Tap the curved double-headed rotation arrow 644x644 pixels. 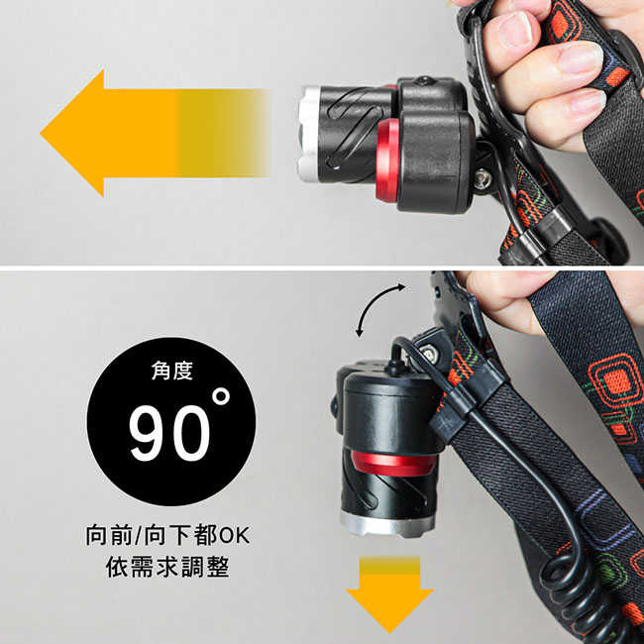(x=379, y=308)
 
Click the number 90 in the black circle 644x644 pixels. (x=168, y=432)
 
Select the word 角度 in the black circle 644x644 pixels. (x=171, y=372)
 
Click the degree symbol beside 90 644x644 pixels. (x=220, y=397)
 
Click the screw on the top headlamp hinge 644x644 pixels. (x=483, y=180)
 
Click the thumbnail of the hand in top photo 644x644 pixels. (x=514, y=30)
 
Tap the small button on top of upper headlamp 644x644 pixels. (x=423, y=80)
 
